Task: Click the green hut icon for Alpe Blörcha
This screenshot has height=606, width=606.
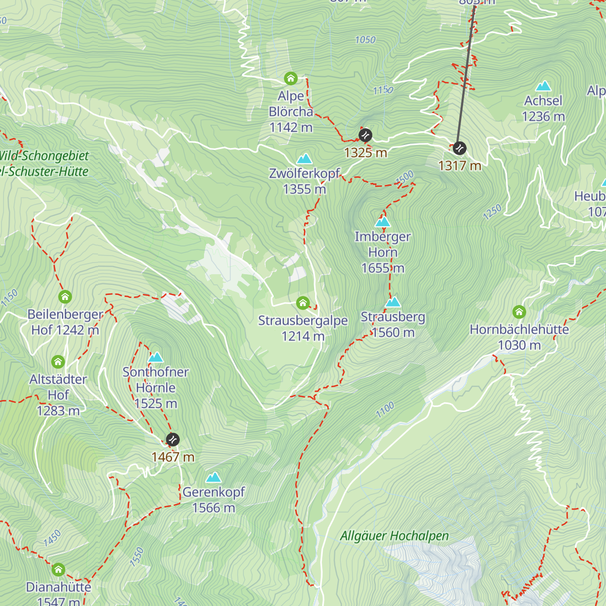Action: coord(290,78)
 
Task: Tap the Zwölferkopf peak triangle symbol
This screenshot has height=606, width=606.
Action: coord(304,159)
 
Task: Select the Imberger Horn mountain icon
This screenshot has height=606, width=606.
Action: coord(383,222)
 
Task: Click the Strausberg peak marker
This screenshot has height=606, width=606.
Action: coord(393,302)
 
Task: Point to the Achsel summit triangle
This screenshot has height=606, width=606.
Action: coord(543,86)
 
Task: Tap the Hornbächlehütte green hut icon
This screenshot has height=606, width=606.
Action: coord(519,312)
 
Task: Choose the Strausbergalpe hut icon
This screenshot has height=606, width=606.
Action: coord(302,303)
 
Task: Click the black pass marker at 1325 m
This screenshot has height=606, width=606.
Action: coord(365,135)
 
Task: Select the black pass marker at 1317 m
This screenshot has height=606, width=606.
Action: coord(459,148)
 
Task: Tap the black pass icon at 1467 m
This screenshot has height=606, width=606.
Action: coord(173,439)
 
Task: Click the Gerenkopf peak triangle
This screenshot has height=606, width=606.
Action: coord(213,477)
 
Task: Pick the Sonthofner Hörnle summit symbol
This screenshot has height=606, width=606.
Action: coord(156,358)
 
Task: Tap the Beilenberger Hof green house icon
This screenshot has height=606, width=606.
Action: coord(65,296)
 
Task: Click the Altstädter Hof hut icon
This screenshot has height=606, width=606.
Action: coord(58,362)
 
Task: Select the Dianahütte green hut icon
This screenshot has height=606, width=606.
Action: coord(58,570)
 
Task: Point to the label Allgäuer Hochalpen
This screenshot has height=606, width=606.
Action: coord(394,536)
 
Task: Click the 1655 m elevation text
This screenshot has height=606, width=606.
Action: coord(383,268)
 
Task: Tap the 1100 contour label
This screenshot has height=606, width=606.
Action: coord(385,410)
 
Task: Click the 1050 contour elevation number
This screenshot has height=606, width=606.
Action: coord(365,40)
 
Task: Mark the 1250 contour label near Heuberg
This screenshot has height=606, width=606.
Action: coord(492,212)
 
